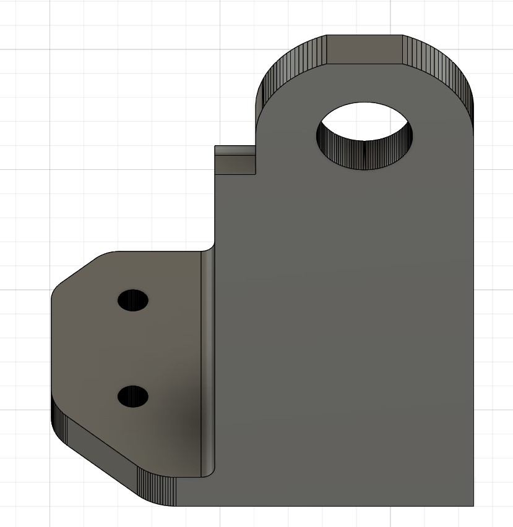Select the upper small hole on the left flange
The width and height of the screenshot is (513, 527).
[x=133, y=300]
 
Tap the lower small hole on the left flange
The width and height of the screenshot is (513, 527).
[x=133, y=396]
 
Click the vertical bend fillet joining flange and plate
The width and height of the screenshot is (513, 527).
[x=208, y=365]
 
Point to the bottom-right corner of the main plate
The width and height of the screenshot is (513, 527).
[x=473, y=505]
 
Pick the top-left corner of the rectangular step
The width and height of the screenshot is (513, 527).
[x=215, y=146]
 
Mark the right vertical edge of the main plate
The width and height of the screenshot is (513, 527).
[x=473, y=309]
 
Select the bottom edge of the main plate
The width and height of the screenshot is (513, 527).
[x=322, y=506]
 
